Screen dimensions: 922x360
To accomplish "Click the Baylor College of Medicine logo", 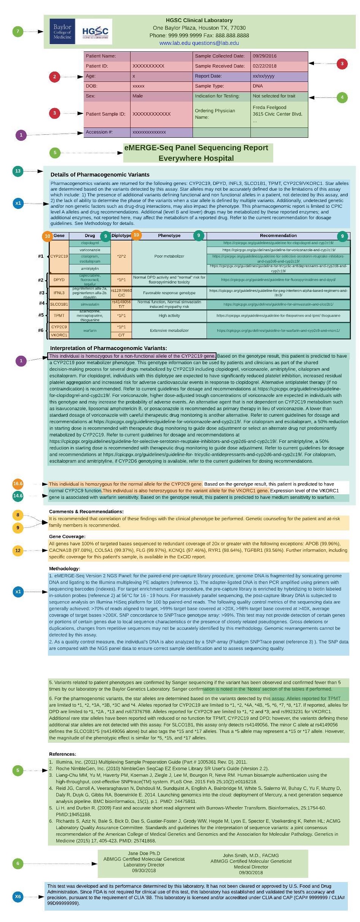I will [x=62, y=32].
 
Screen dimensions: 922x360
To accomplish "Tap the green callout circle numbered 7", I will [x=18, y=31].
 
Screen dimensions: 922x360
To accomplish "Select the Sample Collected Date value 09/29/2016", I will [x=264, y=56].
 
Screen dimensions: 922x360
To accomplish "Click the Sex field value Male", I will [x=137, y=96].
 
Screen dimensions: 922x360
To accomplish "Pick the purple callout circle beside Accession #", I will [x=21, y=135].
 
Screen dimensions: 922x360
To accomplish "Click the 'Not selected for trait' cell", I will [x=274, y=96].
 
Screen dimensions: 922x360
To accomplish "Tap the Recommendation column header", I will [x=278, y=236].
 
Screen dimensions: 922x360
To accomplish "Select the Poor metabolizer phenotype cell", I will [x=169, y=256].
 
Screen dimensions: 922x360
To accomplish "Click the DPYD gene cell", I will [x=59, y=280].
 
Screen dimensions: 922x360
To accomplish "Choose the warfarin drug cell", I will [x=90, y=331].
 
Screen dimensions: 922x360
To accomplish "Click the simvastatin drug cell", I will [x=90, y=304].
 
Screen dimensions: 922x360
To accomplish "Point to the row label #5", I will [x=41, y=315].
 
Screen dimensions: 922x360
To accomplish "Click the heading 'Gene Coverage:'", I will [x=67, y=537].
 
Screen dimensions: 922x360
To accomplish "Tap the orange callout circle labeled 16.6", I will [x=18, y=484].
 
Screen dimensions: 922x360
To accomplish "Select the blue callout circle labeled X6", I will [x=18, y=897].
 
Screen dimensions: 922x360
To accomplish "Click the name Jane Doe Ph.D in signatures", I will [x=144, y=853].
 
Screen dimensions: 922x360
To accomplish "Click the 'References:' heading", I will [x=62, y=754].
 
